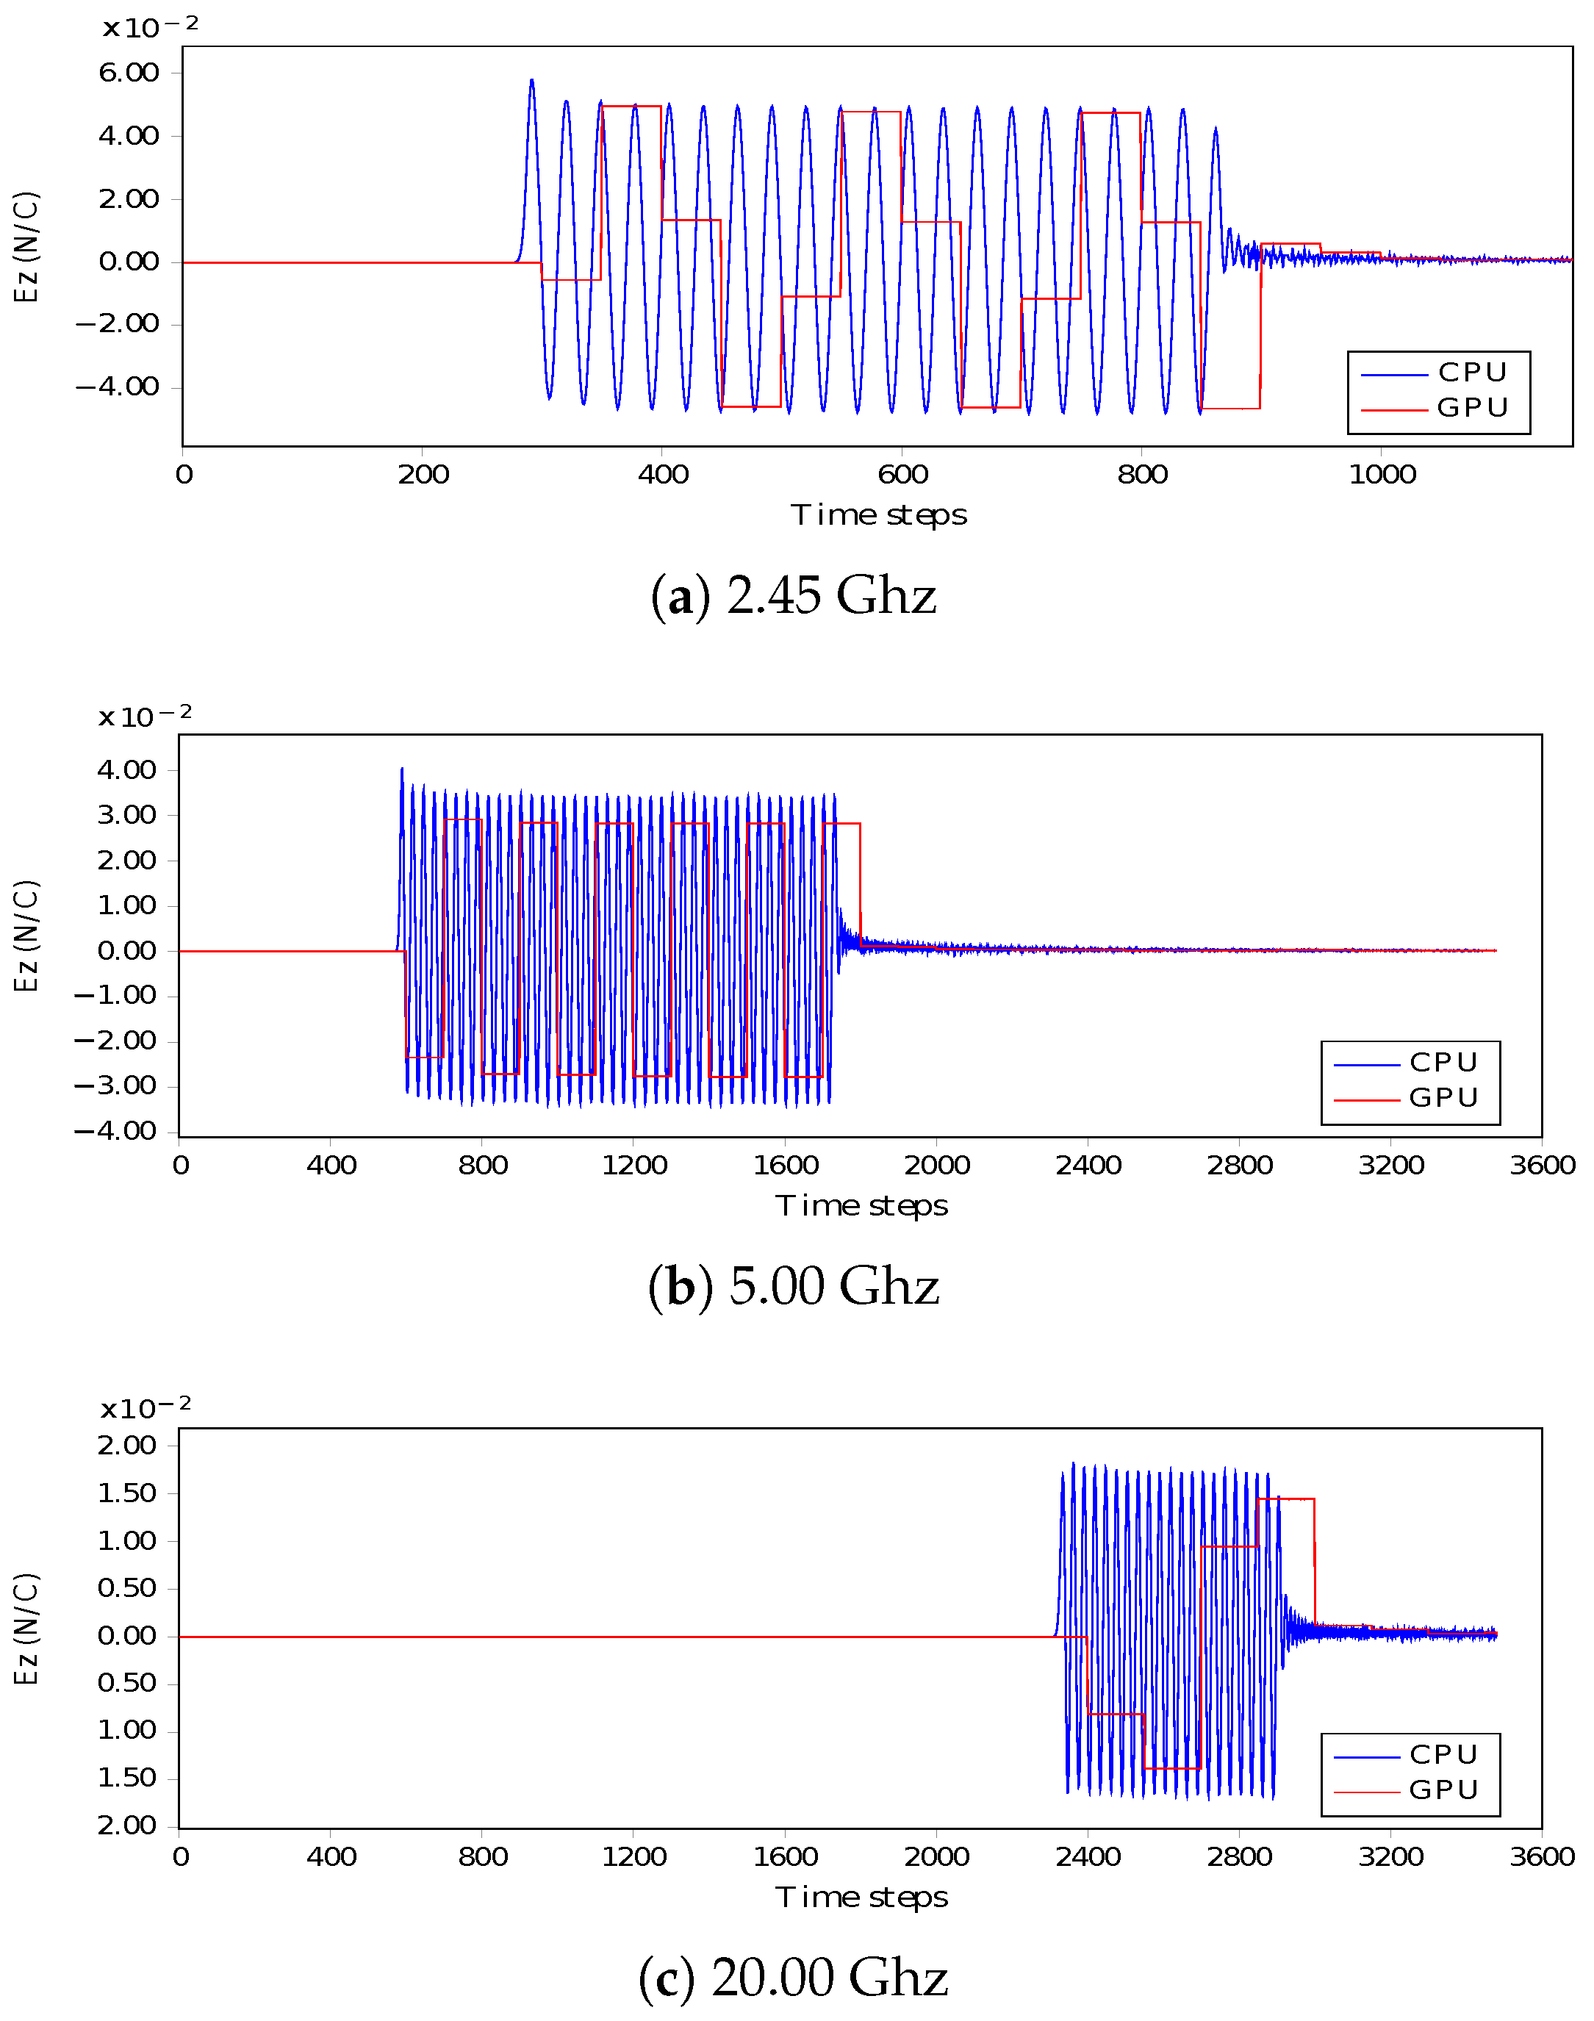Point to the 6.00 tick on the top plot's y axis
(129, 73)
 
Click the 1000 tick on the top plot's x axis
(1382, 474)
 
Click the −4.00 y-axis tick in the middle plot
(115, 1131)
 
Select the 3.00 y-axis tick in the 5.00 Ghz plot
(126, 814)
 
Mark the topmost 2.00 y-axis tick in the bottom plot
(126, 1446)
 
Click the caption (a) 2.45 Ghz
(793, 595)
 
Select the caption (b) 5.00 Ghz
(793, 1286)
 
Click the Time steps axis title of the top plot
(878, 515)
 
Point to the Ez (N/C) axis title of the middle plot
(26, 936)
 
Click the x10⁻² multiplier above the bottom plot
(146, 1407)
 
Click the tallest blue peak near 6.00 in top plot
(532, 81)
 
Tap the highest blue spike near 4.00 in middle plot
(402, 769)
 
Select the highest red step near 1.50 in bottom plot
(1285, 1499)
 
